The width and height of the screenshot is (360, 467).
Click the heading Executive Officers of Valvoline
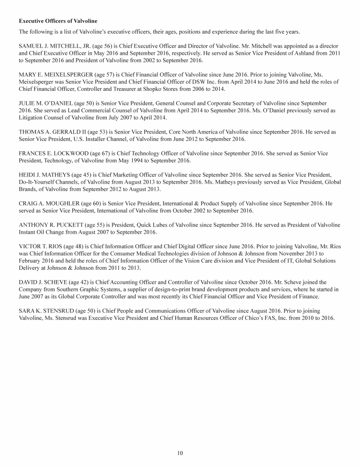[x=58, y=22]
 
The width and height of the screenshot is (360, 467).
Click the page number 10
[x=180, y=453]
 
